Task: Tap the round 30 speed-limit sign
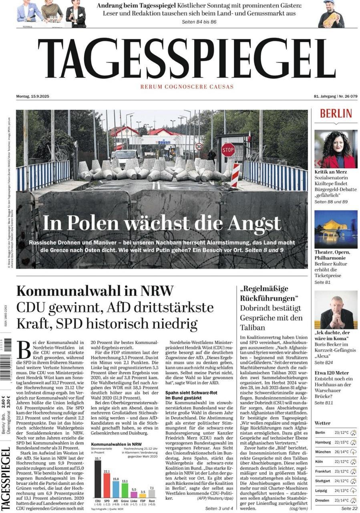tap(199, 146)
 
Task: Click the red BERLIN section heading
tap(336, 113)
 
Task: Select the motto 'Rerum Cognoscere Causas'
tap(187, 87)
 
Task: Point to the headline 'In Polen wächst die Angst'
tap(162, 223)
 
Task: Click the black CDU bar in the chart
tap(98, 481)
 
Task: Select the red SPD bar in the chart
tap(107, 488)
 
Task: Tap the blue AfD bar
tap(116, 492)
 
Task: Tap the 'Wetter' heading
tap(322, 423)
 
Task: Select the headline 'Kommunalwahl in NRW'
tap(95, 290)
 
